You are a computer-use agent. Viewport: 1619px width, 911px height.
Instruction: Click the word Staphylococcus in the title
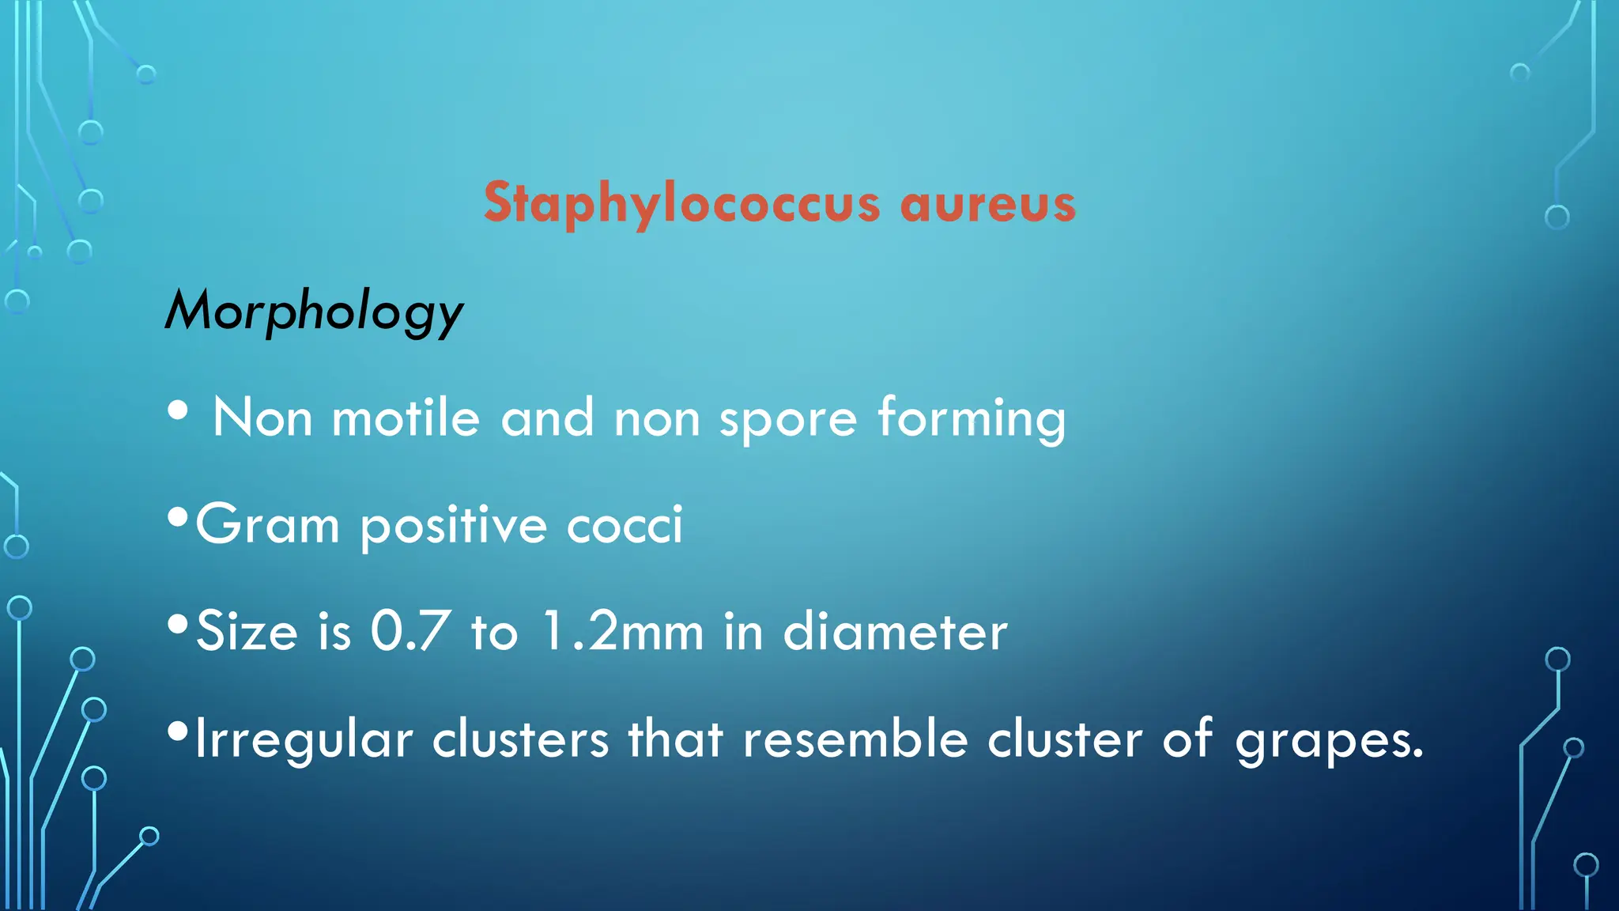click(x=681, y=204)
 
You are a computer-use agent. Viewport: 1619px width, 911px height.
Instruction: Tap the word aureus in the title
click(x=988, y=204)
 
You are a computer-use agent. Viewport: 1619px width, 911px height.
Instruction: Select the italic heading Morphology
click(x=314, y=312)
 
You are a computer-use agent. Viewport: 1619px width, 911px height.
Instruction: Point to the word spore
click(x=788, y=420)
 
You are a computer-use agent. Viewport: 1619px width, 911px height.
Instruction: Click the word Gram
click(x=267, y=524)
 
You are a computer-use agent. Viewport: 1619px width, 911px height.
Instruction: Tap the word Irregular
click(x=304, y=739)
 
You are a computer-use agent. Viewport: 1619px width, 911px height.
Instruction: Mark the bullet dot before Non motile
click(x=178, y=410)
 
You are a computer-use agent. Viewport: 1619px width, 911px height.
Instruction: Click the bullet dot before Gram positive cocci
click(x=178, y=519)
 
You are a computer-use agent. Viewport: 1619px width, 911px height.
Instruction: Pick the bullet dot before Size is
click(x=178, y=626)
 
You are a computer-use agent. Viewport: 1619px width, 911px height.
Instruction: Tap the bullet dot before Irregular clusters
click(x=178, y=731)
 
